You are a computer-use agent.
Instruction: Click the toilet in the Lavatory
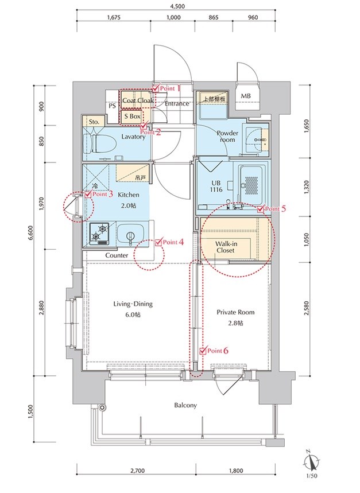tap(100, 143)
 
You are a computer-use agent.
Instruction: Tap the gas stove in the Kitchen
tap(99, 234)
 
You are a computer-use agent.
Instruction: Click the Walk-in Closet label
tap(226, 247)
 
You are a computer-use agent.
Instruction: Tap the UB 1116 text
tap(216, 186)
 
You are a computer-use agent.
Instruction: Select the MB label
tap(246, 96)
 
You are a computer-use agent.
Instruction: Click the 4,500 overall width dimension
tap(177, 6)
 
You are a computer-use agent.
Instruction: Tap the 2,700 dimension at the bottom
tap(137, 471)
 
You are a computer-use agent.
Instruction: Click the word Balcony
tap(185, 405)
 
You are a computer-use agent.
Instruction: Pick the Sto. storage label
tap(94, 122)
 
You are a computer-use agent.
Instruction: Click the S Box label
tap(132, 116)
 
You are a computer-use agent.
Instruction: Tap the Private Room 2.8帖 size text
tap(236, 323)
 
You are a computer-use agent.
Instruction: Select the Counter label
tap(117, 255)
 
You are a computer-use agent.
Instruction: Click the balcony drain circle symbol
tap(102, 407)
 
